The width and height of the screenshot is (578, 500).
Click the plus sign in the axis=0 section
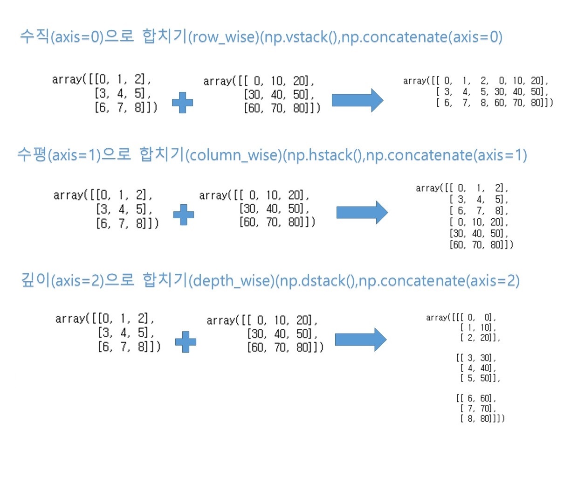point(182,103)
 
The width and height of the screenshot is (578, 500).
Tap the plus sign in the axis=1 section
point(184,215)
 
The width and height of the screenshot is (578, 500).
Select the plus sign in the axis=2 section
point(186,342)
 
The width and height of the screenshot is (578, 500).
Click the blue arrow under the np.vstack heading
point(357,100)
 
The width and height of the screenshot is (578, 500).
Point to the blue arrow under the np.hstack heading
point(362,213)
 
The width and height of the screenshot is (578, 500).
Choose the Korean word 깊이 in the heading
point(35,280)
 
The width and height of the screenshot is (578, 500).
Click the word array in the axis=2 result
point(436,318)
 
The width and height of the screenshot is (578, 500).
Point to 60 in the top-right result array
point(500,103)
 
